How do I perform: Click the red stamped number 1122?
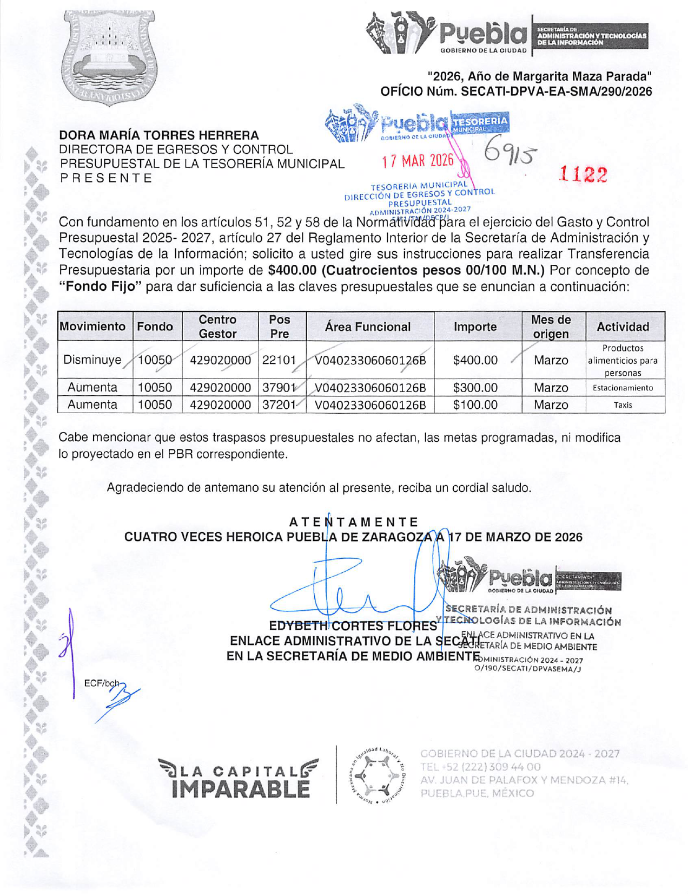(583, 174)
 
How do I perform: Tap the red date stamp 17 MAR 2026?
(418, 161)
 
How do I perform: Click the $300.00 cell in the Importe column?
(475, 388)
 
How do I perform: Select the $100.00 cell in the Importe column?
(475, 405)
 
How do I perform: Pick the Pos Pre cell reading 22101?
(279, 360)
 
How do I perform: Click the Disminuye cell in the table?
(92, 360)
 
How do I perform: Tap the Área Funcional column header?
(367, 327)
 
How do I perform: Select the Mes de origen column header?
(551, 327)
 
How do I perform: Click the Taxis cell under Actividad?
(623, 405)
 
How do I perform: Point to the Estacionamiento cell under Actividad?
(623, 388)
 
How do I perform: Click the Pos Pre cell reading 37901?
(279, 388)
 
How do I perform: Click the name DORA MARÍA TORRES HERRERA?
(159, 135)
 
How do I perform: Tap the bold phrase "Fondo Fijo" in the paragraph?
(100, 286)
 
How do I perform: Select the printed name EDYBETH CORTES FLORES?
(353, 626)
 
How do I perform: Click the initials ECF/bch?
(101, 683)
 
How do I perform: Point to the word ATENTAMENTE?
(354, 522)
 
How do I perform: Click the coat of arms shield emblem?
(110, 57)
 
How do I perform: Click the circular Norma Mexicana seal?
(378, 774)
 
